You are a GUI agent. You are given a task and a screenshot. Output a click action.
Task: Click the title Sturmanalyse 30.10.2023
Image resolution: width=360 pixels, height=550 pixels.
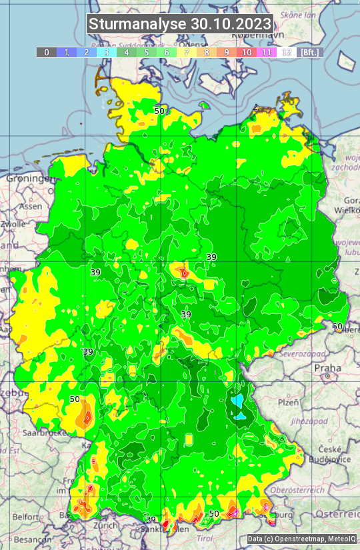point(180,24)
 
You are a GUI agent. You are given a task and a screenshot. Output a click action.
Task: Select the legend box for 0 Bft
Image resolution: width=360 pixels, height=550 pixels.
point(46,52)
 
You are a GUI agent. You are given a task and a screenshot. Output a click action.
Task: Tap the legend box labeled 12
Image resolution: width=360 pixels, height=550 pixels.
point(287,52)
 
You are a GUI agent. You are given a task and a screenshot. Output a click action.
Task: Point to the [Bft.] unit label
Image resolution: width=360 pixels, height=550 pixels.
point(309,52)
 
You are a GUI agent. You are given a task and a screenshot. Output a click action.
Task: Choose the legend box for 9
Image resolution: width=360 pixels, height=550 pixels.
point(227,52)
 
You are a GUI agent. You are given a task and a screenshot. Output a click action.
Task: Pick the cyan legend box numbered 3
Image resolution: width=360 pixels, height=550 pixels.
point(106,52)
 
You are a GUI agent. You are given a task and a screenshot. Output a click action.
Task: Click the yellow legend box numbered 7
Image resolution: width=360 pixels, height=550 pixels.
point(187,52)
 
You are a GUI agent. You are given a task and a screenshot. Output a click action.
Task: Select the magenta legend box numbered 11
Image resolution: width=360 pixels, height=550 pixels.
point(267,52)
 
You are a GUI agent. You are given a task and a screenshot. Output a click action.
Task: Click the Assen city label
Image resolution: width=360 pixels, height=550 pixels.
point(29,207)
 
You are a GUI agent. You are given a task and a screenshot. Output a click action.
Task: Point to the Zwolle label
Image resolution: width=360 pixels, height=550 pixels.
point(13,224)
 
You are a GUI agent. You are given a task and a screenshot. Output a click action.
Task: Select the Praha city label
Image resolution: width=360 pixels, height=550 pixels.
point(327,368)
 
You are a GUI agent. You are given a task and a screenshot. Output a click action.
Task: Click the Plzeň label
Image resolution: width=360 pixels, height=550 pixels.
point(288,403)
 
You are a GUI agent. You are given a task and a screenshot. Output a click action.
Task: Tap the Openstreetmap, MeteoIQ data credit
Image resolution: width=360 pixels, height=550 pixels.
point(301,539)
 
